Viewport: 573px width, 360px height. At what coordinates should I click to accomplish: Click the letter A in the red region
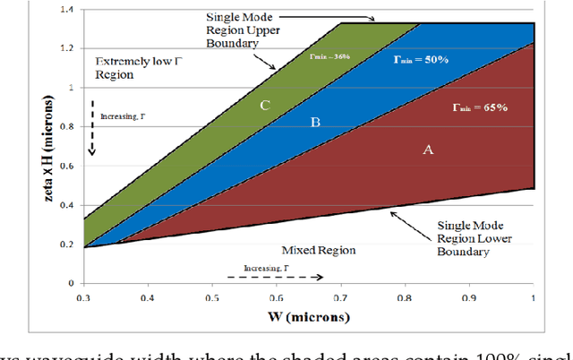click(x=428, y=150)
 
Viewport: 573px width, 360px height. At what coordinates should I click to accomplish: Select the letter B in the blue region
click(x=315, y=121)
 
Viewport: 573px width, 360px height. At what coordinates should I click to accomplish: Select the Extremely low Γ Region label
click(x=134, y=68)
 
